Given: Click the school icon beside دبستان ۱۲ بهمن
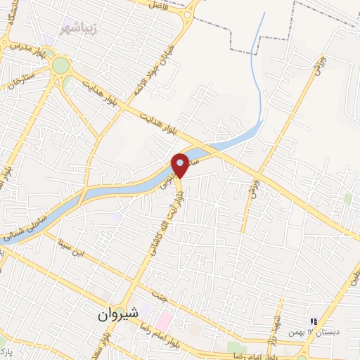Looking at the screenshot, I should pos(314,321).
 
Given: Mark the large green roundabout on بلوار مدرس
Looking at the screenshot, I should pos(61,66).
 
